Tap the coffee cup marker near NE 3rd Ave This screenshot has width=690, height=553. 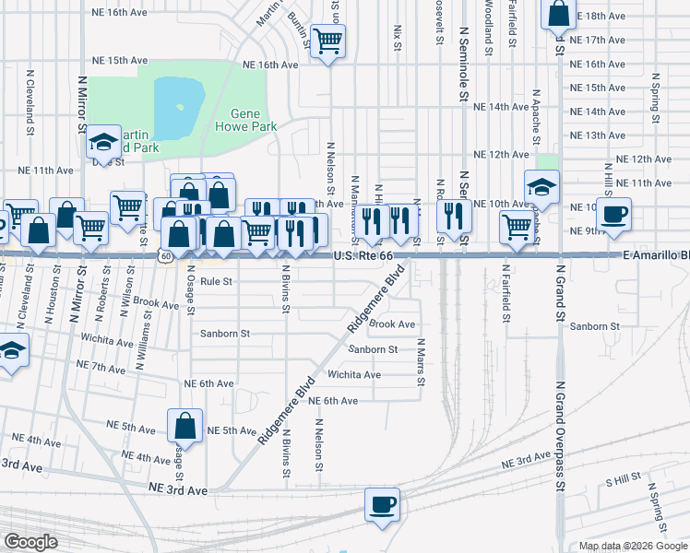[x=383, y=505]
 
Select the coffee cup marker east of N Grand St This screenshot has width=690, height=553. [x=614, y=215]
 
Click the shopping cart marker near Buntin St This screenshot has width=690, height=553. [x=327, y=41]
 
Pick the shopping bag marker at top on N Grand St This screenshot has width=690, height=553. [x=559, y=15]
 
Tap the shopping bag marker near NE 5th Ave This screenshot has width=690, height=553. [x=185, y=426]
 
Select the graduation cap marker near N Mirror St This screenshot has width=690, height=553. [x=103, y=143]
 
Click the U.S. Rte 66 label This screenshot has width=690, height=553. [x=363, y=254]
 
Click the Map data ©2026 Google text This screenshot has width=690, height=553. [x=633, y=546]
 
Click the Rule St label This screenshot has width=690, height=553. [x=216, y=281]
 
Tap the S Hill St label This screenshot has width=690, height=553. [x=624, y=480]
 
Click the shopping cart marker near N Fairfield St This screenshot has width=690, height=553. [x=517, y=227]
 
